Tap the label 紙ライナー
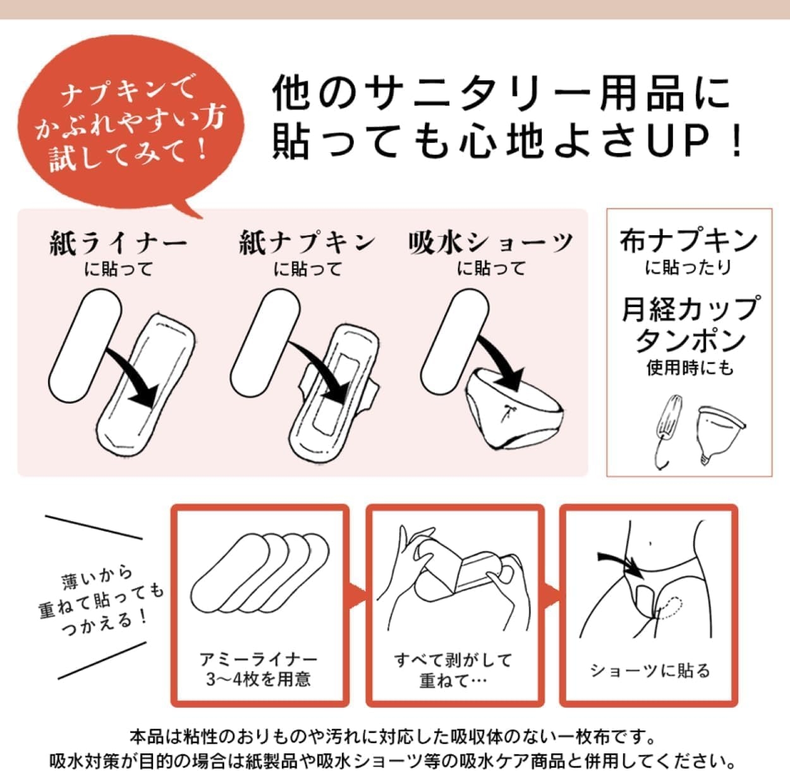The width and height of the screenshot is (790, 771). coord(118,243)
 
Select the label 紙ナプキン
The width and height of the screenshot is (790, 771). coord(307,243)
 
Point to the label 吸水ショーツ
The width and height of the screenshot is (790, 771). coord(491,243)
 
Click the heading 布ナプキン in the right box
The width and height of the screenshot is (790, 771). coord(689,241)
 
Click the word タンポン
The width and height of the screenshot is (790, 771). coord(690,340)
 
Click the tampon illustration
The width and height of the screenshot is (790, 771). coord(663,429)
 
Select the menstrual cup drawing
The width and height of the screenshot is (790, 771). coord(720,432)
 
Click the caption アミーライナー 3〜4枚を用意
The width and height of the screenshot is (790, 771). coord(258,669)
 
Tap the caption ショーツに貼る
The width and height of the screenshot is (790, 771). coord(650,670)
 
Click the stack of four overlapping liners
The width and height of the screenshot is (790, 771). coord(260,572)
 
